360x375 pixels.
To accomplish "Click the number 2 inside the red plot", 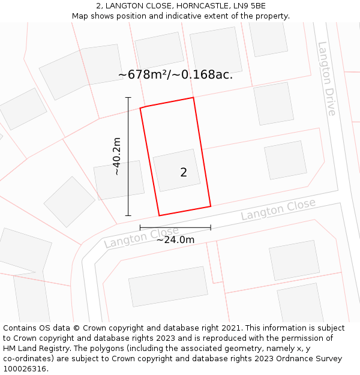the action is [184, 173].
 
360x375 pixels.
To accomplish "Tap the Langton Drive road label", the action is [327, 79].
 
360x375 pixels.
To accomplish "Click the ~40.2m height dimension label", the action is [117, 156].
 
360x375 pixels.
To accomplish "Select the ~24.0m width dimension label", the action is [175, 240].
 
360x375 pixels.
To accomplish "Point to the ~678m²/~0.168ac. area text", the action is [175, 75].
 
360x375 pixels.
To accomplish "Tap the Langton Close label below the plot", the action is [142, 237].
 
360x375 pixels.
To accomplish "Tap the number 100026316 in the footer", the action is [25, 368].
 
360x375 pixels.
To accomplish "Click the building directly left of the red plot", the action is [119, 179].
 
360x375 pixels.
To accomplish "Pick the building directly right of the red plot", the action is [285, 160].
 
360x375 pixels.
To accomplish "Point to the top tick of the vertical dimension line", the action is [128, 97].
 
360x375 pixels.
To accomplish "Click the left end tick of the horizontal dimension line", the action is [140, 227].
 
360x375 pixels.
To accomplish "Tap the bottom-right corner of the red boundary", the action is [210, 206].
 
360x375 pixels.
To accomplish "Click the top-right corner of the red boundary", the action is [193, 97].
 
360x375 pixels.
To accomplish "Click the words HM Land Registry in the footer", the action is [33, 348].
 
